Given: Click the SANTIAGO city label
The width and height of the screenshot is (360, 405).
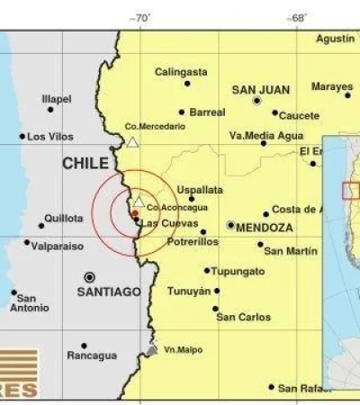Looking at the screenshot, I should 109,292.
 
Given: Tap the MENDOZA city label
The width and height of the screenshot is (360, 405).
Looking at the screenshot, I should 264,229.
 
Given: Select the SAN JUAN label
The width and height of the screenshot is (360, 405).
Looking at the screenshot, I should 258,90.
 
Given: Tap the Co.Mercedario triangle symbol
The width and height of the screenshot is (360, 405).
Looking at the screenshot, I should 132,142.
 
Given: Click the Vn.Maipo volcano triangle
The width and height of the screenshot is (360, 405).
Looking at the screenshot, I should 153,349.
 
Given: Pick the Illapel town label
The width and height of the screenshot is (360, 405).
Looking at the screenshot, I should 57,99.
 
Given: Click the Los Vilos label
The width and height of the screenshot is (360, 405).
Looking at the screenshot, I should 49,137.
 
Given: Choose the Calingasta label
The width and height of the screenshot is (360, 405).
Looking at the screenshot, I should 181,71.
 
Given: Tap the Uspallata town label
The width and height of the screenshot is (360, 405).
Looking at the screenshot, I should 199,191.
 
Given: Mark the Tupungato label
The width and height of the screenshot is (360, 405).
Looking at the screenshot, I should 240,270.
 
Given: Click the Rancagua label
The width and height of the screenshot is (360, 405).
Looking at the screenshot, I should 92,355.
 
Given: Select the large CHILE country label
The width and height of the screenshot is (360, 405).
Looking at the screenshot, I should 85,164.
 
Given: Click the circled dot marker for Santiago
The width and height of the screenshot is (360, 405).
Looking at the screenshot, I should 89,276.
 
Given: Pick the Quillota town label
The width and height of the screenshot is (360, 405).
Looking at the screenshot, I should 65,218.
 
